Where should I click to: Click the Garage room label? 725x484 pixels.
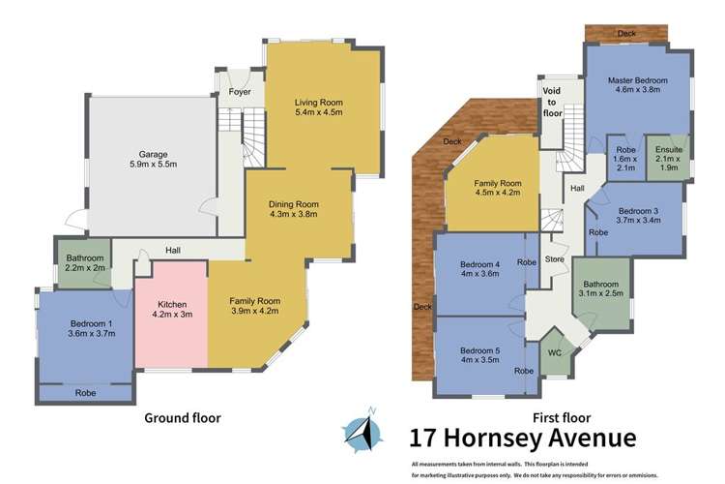153,154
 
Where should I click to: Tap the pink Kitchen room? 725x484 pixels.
170,309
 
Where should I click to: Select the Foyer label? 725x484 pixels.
240,92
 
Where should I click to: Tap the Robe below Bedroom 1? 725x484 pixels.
85,394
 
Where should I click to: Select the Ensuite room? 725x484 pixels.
667,157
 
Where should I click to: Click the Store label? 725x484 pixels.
554,258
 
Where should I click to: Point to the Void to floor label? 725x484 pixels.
553,102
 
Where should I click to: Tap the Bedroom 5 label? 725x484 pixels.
478,350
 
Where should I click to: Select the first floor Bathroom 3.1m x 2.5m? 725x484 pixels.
600,288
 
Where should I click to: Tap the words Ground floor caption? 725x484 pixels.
183,418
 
